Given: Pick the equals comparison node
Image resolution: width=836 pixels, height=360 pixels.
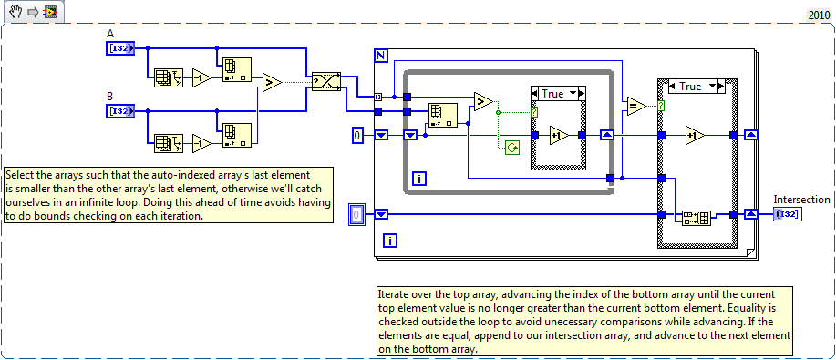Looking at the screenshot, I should point(635,107).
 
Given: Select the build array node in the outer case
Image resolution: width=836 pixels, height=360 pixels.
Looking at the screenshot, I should point(697,217).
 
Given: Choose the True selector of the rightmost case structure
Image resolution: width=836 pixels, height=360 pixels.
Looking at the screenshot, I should point(696,87).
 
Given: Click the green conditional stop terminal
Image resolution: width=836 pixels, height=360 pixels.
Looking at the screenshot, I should point(511,146).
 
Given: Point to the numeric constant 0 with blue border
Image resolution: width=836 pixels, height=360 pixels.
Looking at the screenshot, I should point(359,136).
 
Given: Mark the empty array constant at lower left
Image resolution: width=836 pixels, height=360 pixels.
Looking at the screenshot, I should point(359,214).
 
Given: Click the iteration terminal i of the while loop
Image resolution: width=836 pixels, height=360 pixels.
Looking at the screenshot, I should point(419,178).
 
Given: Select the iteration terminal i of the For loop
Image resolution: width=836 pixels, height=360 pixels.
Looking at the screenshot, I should point(389,241).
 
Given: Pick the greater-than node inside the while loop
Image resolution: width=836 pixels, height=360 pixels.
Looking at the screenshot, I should point(483,100).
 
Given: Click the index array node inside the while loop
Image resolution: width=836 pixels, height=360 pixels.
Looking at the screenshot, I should point(443,115).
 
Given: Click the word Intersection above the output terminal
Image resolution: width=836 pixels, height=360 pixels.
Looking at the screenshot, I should point(801,199).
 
